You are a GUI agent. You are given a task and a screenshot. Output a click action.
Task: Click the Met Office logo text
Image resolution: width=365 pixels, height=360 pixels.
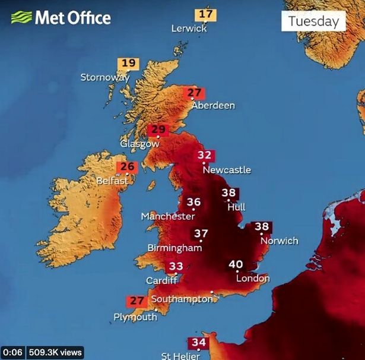pyautogui.click(x=72, y=17)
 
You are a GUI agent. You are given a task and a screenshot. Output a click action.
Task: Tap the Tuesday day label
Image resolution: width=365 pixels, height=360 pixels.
pyautogui.click(x=313, y=21)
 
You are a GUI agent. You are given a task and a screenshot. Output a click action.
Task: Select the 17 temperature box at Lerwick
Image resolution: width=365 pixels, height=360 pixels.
pyautogui.click(x=206, y=14)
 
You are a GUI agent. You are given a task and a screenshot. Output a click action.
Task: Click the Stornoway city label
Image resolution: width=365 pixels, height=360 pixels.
pyautogui.click(x=105, y=77)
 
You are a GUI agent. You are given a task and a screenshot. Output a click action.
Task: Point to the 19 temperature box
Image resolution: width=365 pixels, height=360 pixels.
pyautogui.click(x=128, y=63)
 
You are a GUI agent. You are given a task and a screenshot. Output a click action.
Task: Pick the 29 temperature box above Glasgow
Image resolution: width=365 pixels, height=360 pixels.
pyautogui.click(x=158, y=130)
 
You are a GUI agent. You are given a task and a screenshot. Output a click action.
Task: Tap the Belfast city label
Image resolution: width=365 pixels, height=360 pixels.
pyautogui.click(x=112, y=180)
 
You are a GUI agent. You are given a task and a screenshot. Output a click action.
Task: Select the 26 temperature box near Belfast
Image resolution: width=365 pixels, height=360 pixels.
pyautogui.click(x=128, y=167)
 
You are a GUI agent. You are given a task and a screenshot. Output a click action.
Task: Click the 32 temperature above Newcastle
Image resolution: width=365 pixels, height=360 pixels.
pyautogui.click(x=205, y=156)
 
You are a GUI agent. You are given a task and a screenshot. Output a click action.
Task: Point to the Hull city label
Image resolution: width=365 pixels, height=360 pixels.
pyautogui.click(x=236, y=207)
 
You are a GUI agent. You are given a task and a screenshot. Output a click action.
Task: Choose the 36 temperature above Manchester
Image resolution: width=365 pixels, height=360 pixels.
pyautogui.click(x=193, y=203)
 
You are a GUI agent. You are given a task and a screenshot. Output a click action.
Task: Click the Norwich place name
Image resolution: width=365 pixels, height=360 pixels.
pyautogui.click(x=279, y=241)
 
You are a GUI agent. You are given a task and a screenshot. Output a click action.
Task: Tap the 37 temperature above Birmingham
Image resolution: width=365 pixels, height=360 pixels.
pyautogui.click(x=201, y=233)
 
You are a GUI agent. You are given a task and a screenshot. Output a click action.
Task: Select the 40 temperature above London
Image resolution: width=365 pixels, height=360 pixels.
pyautogui.click(x=236, y=264)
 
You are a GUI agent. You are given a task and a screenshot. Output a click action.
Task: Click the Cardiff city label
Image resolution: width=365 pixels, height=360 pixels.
pyautogui.click(x=162, y=280)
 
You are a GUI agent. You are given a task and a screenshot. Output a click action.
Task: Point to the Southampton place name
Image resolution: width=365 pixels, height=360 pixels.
pyautogui.click(x=182, y=299)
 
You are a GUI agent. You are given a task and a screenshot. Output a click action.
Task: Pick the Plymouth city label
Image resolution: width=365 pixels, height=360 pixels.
pyautogui.click(x=135, y=317)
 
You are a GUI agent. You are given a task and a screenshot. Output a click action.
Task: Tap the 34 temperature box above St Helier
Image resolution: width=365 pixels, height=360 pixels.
pyautogui.click(x=198, y=343)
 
